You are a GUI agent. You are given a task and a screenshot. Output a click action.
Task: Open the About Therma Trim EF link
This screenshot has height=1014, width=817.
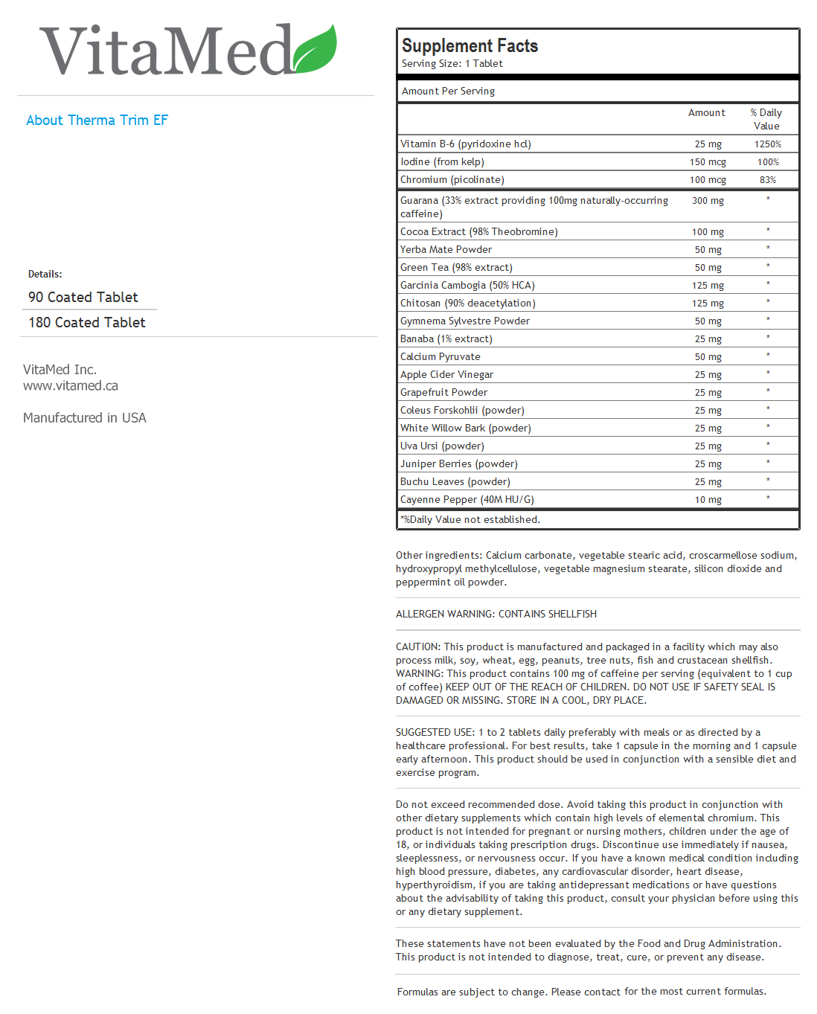coord(97,121)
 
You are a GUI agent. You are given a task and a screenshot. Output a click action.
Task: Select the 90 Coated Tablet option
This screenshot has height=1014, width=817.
coord(83,298)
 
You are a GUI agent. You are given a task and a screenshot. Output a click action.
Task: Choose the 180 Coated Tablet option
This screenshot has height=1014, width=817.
coord(87,323)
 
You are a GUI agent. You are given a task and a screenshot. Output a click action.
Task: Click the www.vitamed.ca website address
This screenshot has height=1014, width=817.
coord(71,386)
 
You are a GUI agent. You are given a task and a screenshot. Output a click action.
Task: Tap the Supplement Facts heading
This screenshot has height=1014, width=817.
coord(470,46)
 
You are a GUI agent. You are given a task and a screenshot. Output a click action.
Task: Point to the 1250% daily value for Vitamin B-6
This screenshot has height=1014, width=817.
coord(767,144)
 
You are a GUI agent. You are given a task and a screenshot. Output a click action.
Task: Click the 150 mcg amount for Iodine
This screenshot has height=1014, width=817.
coord(708,162)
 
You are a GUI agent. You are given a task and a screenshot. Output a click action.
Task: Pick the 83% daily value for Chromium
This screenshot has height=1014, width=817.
coord(767,180)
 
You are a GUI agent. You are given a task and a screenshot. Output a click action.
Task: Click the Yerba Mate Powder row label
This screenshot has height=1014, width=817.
coord(446,250)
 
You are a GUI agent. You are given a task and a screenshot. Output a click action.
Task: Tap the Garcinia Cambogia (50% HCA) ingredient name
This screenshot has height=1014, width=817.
coord(467,286)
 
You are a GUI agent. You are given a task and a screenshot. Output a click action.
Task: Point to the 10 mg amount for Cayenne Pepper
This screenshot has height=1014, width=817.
coord(708,500)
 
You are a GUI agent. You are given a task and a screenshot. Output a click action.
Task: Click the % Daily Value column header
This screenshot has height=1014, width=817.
coord(766,119)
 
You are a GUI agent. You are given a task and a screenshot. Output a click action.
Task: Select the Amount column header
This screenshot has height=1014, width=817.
coord(706,113)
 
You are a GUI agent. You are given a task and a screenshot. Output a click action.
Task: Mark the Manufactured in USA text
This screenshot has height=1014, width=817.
coord(85,418)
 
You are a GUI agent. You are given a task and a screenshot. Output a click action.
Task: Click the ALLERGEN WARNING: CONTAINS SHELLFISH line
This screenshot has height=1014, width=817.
coord(496,615)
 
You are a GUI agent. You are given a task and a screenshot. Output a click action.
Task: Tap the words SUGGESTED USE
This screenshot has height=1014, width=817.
coord(435,733)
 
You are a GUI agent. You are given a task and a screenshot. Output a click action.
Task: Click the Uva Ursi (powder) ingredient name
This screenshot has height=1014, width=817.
coord(442,446)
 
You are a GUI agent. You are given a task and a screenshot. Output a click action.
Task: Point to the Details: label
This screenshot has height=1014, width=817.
coord(45,275)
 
